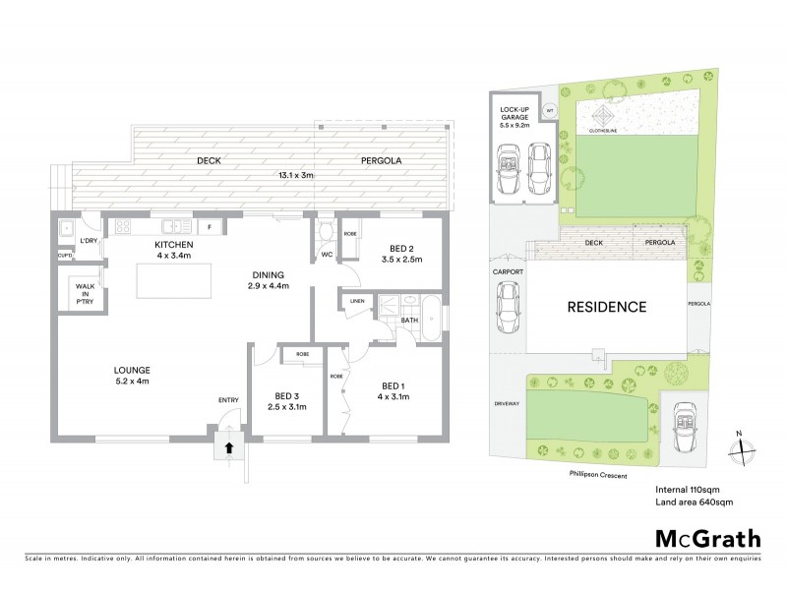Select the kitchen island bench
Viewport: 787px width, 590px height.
[171, 280]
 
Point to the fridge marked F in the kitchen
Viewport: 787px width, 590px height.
[209, 226]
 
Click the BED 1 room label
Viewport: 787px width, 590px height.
[391, 384]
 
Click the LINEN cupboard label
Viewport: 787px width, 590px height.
[356, 302]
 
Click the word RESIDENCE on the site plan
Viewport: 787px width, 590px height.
[606, 307]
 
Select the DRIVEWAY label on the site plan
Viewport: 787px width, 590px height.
[506, 404]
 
